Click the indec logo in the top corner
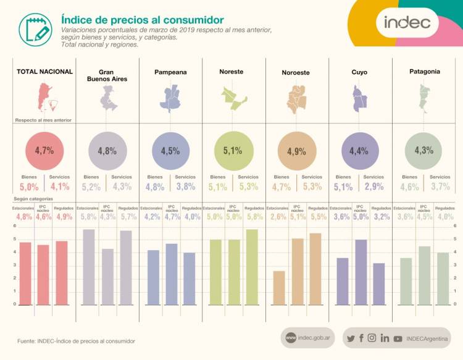[x=411, y=23]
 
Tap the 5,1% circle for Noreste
[x=232, y=150]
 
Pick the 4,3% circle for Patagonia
[x=422, y=150]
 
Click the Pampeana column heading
[x=170, y=72]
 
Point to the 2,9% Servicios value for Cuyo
[x=375, y=186]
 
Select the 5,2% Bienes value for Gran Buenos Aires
[x=91, y=186]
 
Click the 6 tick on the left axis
[x=15, y=226]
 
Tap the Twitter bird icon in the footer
[x=351, y=338]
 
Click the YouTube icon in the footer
[x=398, y=338]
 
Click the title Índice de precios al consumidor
[x=143, y=20]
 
